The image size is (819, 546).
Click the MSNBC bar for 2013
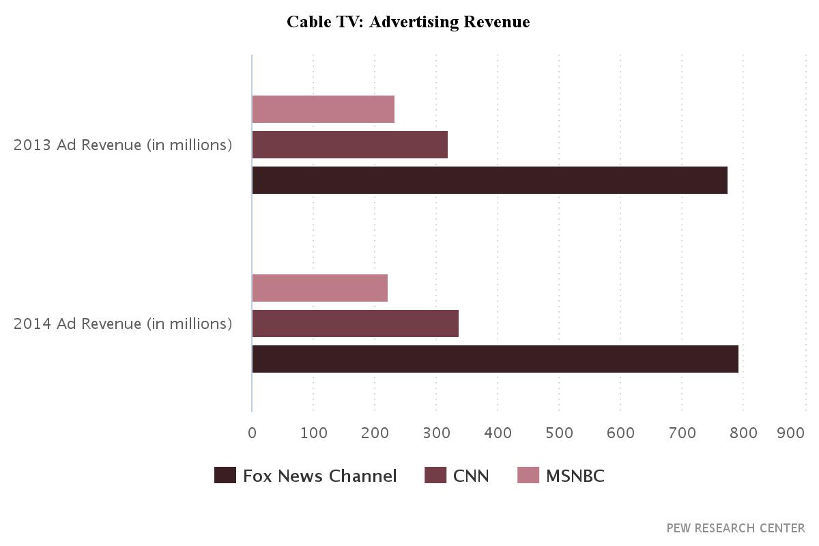point(323,109)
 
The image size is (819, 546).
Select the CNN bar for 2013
point(349,145)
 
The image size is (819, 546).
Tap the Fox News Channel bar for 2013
point(489,180)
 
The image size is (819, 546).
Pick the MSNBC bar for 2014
point(319,288)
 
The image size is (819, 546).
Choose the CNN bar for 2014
point(355,324)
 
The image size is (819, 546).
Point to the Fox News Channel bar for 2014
point(495,359)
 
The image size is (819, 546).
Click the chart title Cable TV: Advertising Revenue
point(408,22)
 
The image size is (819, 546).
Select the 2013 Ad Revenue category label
point(123,145)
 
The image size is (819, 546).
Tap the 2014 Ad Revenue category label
point(123,324)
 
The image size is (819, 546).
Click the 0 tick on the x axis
point(252,433)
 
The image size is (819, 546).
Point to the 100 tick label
point(313,433)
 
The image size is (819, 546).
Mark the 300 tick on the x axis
point(436,433)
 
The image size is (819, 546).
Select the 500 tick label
point(559,433)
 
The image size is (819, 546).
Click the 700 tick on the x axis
point(682,433)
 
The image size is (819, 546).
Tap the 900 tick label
point(791,433)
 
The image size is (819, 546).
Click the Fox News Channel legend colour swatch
point(225,475)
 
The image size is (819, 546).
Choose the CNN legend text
point(471,476)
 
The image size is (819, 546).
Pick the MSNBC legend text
point(575,476)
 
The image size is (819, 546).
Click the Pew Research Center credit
point(736,528)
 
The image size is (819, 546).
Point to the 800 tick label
point(743,433)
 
